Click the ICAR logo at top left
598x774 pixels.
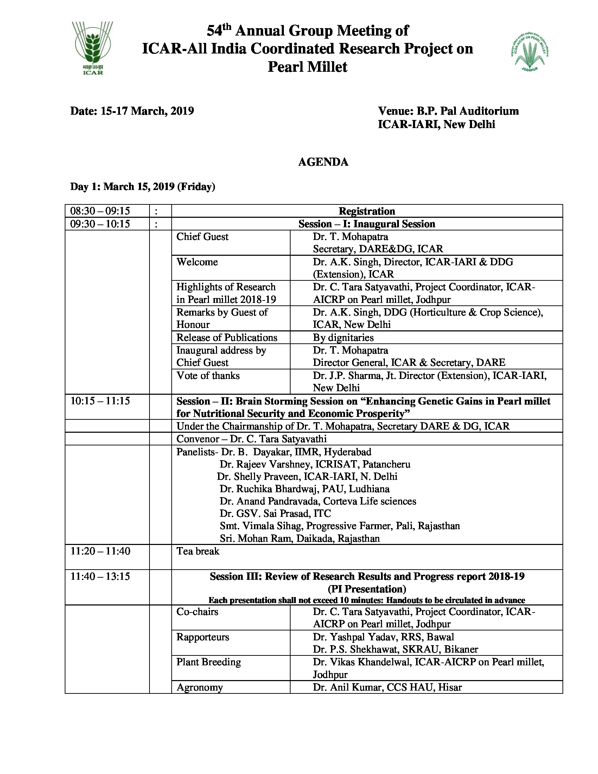(x=93, y=48)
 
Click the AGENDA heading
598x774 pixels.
(x=323, y=162)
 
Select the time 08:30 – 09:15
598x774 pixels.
(x=100, y=211)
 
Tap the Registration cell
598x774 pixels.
(x=367, y=211)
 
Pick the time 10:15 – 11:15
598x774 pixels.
(x=100, y=401)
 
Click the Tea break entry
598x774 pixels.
(x=198, y=551)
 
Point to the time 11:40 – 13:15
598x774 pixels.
(x=100, y=576)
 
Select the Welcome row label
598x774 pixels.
(x=197, y=262)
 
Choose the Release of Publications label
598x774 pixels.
(x=227, y=337)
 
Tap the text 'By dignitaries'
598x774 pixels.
(x=343, y=337)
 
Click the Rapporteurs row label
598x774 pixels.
(x=203, y=637)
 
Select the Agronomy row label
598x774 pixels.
(x=199, y=687)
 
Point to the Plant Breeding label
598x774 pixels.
(x=209, y=662)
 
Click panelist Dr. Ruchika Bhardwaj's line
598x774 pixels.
(x=304, y=489)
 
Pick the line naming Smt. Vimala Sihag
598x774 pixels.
(x=339, y=526)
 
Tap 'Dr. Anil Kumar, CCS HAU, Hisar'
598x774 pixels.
(x=387, y=687)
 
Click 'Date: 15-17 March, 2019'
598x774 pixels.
(x=132, y=111)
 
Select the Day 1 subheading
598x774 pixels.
(x=142, y=186)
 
